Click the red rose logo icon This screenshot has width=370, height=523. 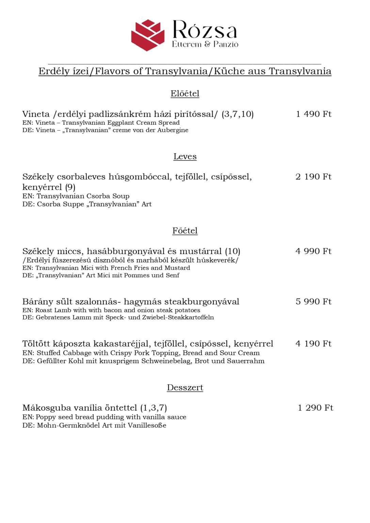148,35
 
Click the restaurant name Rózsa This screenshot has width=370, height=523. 205,30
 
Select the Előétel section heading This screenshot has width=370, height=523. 185,94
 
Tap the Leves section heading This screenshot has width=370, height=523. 185,157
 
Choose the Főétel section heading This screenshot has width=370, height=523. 185,231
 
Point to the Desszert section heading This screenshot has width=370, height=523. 185,388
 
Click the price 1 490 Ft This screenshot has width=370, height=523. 313,114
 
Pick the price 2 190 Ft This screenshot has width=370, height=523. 313,177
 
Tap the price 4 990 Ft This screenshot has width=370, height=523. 313,251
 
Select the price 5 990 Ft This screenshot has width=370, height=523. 313,302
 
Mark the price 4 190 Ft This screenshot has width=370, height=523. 313,344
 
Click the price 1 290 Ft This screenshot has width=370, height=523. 315,408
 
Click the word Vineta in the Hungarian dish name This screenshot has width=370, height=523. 36,114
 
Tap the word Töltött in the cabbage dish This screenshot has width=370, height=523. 36,344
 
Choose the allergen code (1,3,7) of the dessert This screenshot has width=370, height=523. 154,408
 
